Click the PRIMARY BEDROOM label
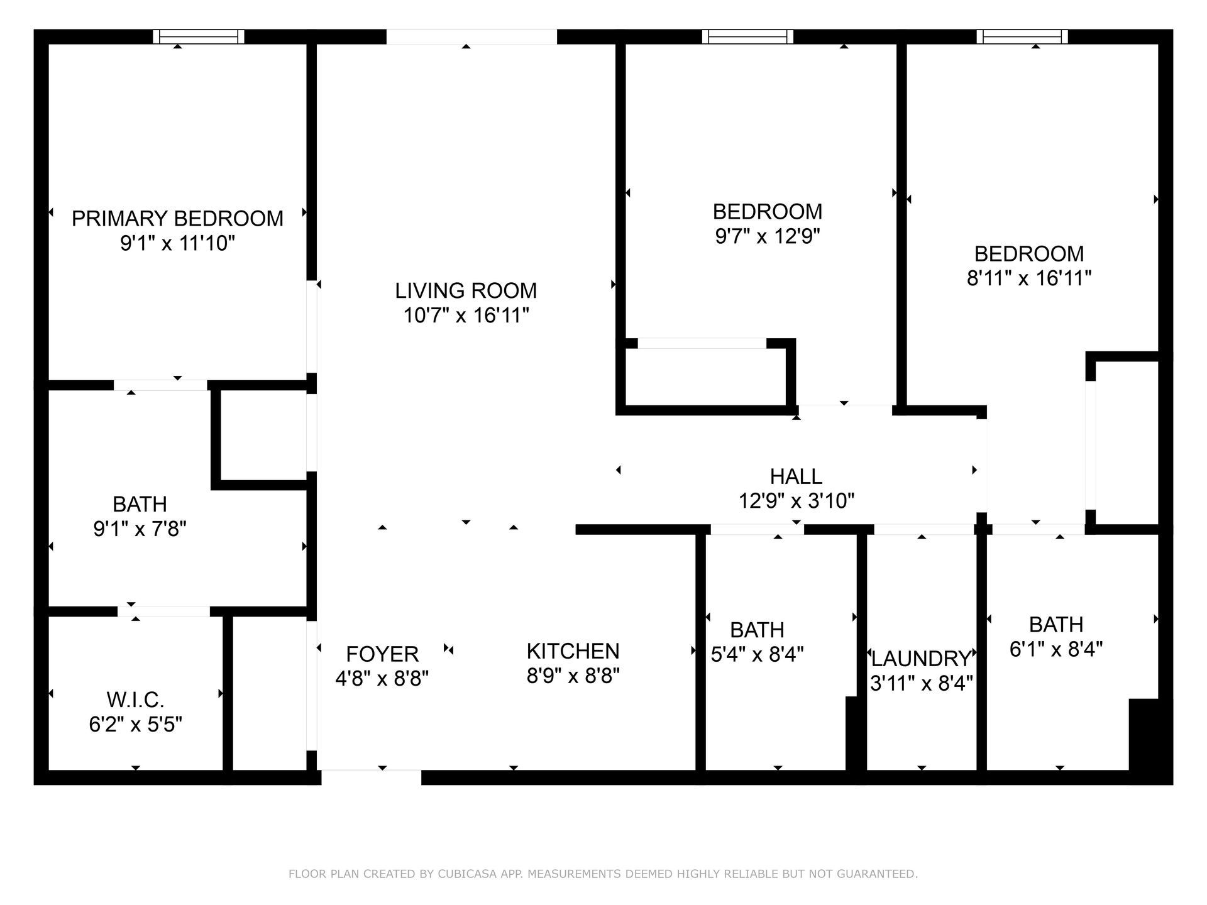pos(177,219)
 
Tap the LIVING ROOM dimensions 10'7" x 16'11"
pos(466,315)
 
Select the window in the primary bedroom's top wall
pos(199,36)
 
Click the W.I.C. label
pos(135,699)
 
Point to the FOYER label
pos(382,654)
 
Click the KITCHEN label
pos(573,651)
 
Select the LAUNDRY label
pos(921,659)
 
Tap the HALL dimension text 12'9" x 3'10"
pos(796,501)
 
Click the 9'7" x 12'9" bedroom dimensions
pos(768,236)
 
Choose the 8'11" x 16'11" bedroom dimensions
pos(1028,278)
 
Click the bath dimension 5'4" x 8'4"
pos(757,655)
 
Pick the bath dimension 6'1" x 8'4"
pos(1056,649)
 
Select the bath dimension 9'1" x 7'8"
pos(140,529)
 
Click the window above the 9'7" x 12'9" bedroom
pos(747,36)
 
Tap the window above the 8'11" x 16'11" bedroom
pos(1022,36)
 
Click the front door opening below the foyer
pos(371,777)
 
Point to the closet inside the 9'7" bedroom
pos(704,377)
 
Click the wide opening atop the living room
pos(471,36)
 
